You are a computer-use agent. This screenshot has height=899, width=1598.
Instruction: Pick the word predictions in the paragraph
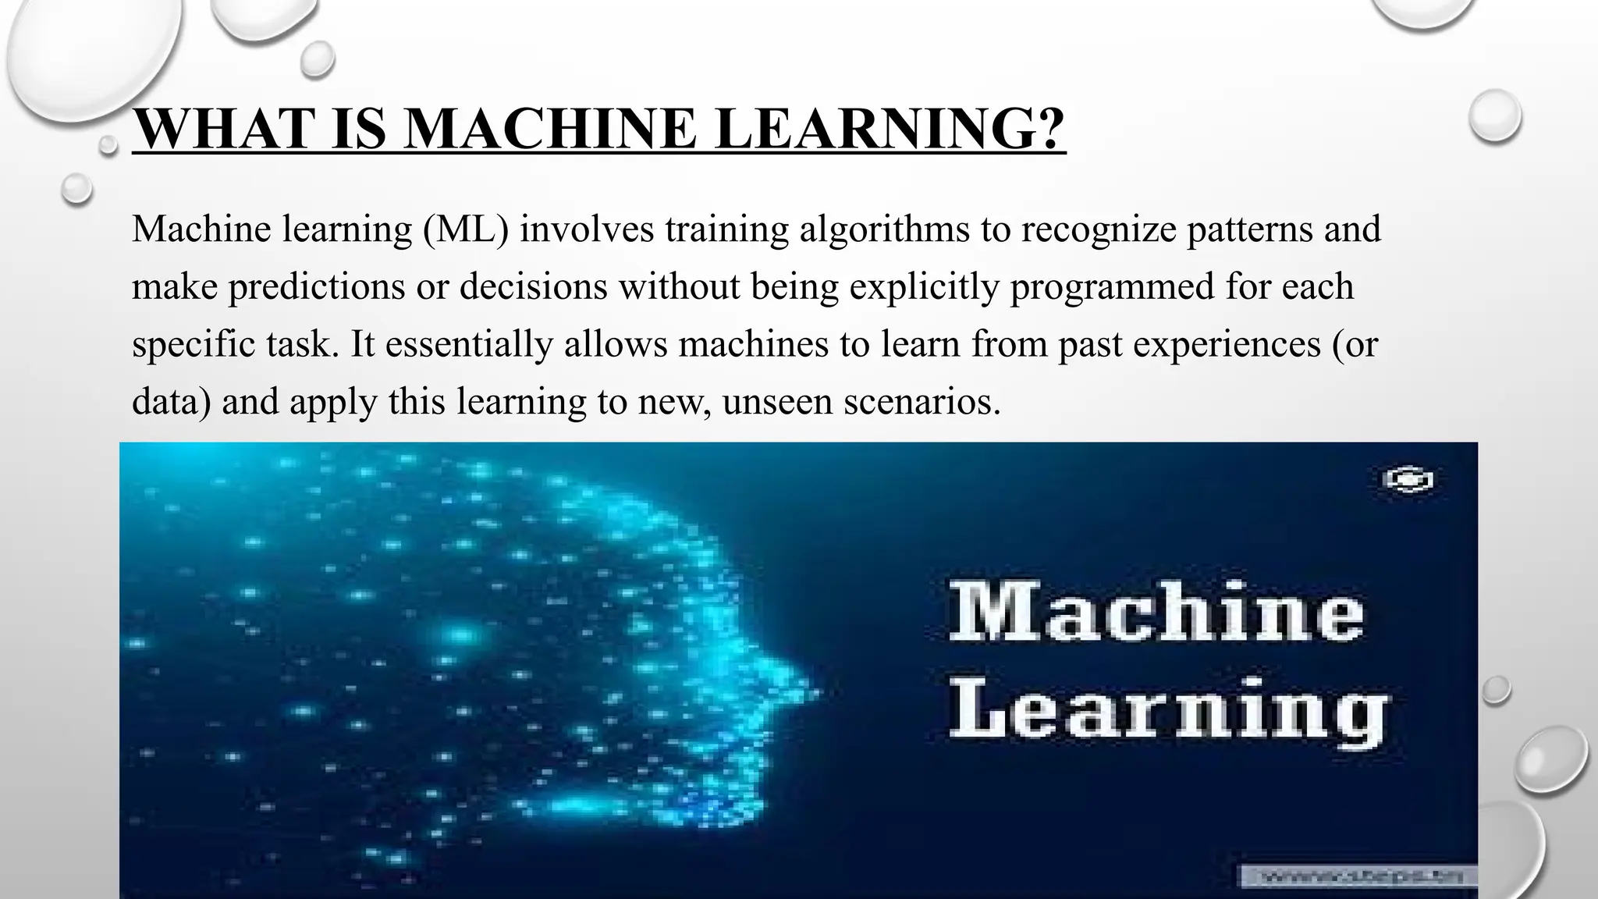click(x=317, y=286)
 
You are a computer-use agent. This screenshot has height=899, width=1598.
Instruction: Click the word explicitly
click(x=924, y=286)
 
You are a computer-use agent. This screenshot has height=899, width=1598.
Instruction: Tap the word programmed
click(x=1112, y=286)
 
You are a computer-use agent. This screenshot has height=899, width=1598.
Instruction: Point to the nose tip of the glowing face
click(x=815, y=691)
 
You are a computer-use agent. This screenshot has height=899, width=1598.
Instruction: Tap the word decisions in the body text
click(x=534, y=286)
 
